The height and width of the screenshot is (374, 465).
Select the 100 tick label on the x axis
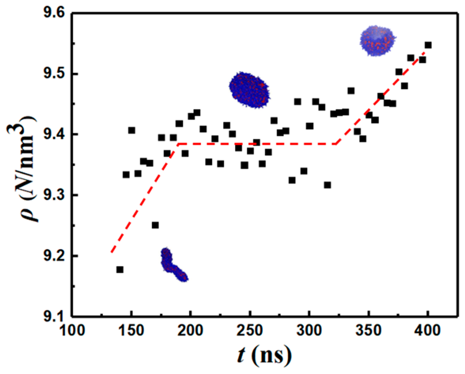72,330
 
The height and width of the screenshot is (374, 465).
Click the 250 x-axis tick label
250,330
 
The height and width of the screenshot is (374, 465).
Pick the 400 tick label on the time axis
427,330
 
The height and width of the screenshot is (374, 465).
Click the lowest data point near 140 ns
120,270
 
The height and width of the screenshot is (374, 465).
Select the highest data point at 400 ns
428,45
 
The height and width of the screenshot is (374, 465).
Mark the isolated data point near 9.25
155,225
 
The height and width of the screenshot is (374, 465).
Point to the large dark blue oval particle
249,90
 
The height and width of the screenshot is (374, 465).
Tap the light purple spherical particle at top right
377,41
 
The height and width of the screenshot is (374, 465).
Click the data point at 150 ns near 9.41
132,130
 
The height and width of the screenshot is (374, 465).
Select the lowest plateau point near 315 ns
327,185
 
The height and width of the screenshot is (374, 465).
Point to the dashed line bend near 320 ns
336,144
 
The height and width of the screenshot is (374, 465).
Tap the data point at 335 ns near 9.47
351,91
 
